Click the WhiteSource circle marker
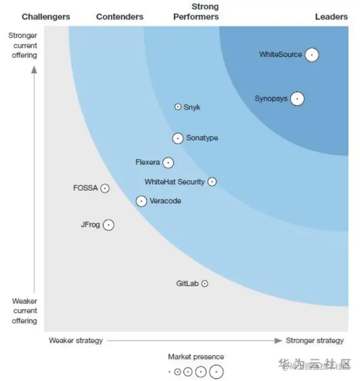[311, 55]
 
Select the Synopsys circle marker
[297, 99]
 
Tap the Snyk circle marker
[178, 107]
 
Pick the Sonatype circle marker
[178, 138]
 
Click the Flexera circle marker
[168, 163]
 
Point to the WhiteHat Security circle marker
[212, 182]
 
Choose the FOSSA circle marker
[105, 189]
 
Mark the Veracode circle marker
[141, 201]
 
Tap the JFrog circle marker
[108, 225]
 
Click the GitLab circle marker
[205, 283]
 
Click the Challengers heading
[46, 17]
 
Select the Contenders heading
[120, 17]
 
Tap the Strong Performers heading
[196, 11]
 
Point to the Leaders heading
[331, 17]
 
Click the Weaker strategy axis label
[76, 340]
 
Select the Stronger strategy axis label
[315, 340]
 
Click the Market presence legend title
[196, 357]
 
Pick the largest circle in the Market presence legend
[216, 372]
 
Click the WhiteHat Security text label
[174, 182]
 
